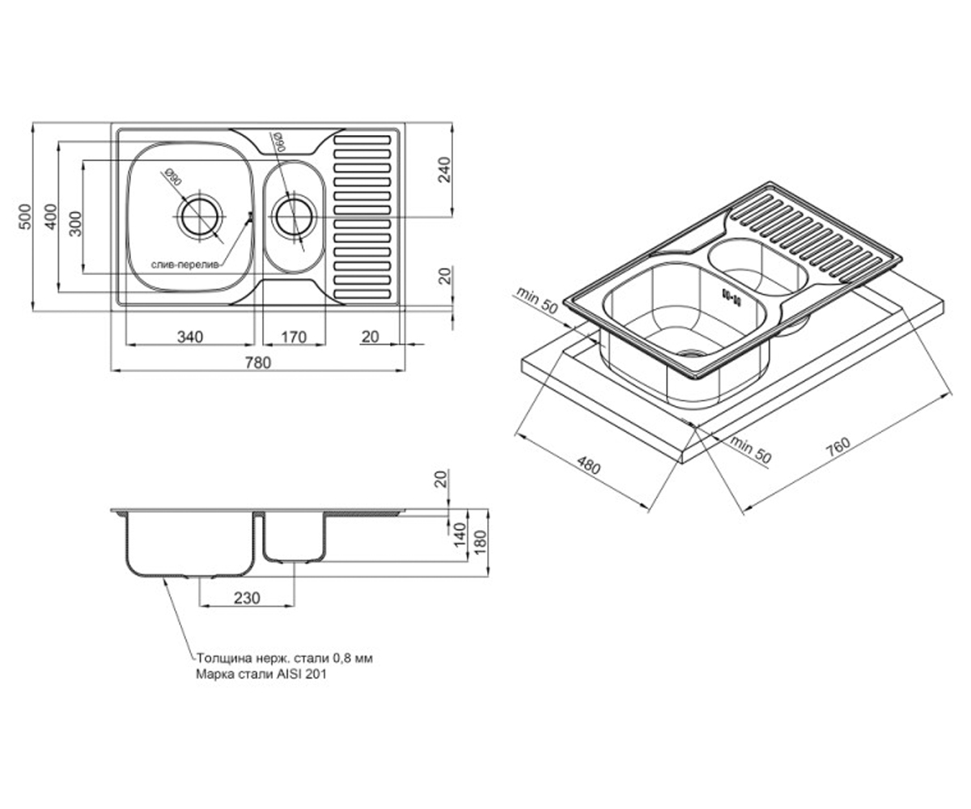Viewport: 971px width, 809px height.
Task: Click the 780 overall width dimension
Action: [x=257, y=362]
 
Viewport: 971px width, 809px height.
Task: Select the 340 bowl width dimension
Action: [x=190, y=337]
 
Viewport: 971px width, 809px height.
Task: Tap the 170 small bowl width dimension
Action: [x=294, y=337]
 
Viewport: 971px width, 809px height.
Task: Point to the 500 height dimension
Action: [x=25, y=217]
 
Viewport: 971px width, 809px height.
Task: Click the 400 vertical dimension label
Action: [x=51, y=217]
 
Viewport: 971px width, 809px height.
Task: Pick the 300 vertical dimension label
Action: [x=75, y=223]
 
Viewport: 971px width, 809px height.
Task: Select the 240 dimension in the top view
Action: [x=445, y=170]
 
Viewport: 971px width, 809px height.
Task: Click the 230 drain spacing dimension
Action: [x=247, y=598]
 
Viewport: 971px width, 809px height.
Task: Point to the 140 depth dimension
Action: [x=459, y=535]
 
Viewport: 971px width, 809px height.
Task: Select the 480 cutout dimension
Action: [x=589, y=465]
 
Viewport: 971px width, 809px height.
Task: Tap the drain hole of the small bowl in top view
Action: [x=295, y=217]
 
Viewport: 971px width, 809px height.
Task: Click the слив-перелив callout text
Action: [x=185, y=265]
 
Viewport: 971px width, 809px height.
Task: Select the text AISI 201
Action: [x=304, y=674]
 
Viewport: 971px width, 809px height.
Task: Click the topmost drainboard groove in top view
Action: [x=363, y=140]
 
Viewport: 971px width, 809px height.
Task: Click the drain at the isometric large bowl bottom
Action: [x=692, y=353]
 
